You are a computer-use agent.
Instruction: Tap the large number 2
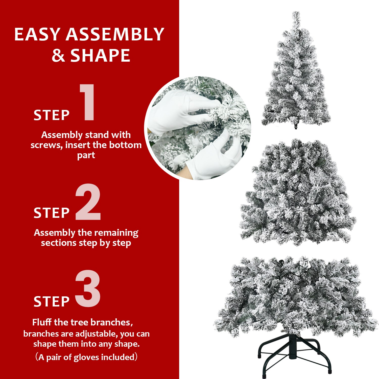click(88, 202)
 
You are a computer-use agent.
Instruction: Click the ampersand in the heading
click(58, 55)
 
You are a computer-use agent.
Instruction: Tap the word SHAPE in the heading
click(100, 55)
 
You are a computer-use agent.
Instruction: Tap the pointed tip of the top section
click(296, 14)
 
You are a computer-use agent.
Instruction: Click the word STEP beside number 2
click(52, 213)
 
